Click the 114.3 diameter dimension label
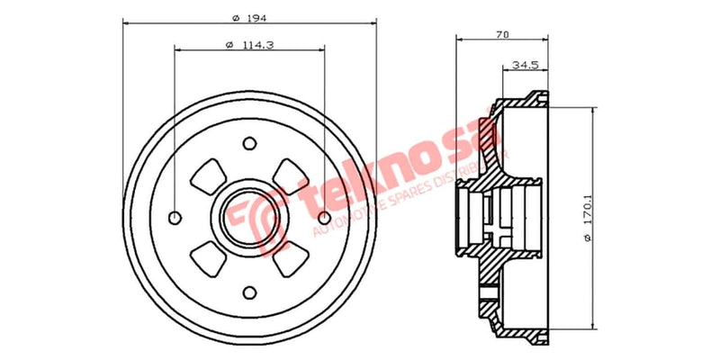pos(248,46)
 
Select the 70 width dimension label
pos(502,35)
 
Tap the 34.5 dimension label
pos(525,66)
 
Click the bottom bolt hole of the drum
pos(249,291)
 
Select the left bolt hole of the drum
pos(175,216)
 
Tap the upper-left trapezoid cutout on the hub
pos(209,175)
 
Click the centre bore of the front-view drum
pos(249,216)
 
